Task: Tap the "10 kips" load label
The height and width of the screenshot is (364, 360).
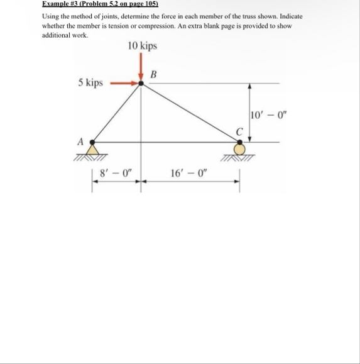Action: [142, 47]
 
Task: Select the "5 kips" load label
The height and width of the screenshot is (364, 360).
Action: [90, 83]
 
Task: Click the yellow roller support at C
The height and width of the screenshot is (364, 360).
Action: [239, 149]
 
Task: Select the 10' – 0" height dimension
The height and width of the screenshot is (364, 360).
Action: [266, 114]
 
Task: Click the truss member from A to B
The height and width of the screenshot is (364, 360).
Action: [117, 114]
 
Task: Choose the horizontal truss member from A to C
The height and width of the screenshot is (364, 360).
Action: [166, 142]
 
